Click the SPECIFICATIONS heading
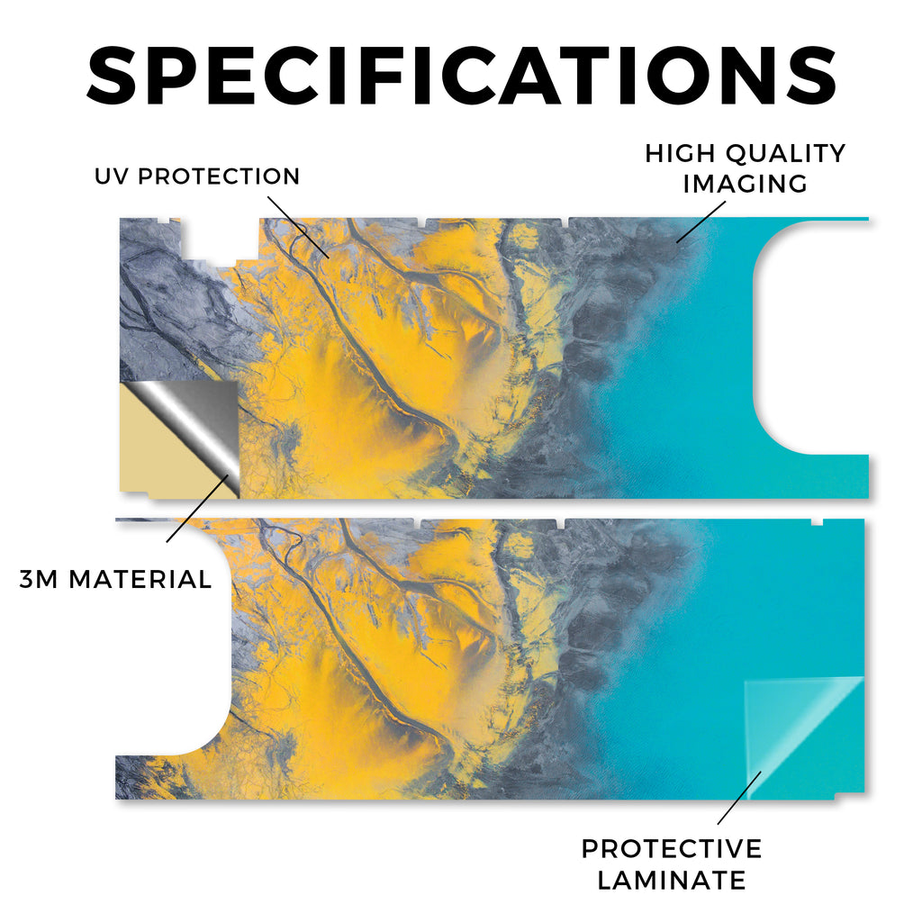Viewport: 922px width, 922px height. [461, 76]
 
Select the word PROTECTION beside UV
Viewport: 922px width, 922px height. [219, 176]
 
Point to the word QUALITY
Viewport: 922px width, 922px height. [785, 153]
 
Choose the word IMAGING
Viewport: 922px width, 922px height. [746, 184]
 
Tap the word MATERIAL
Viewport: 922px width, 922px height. [140, 580]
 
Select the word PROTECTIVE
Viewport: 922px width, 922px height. [672, 849]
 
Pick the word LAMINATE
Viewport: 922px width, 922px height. [672, 881]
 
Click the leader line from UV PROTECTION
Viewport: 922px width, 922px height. [298, 228]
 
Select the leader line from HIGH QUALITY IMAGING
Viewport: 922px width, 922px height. [701, 222]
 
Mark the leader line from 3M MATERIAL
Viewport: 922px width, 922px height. [197, 509]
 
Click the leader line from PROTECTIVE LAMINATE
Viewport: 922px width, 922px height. [740, 798]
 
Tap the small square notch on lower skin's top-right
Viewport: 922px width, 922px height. [817, 522]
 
